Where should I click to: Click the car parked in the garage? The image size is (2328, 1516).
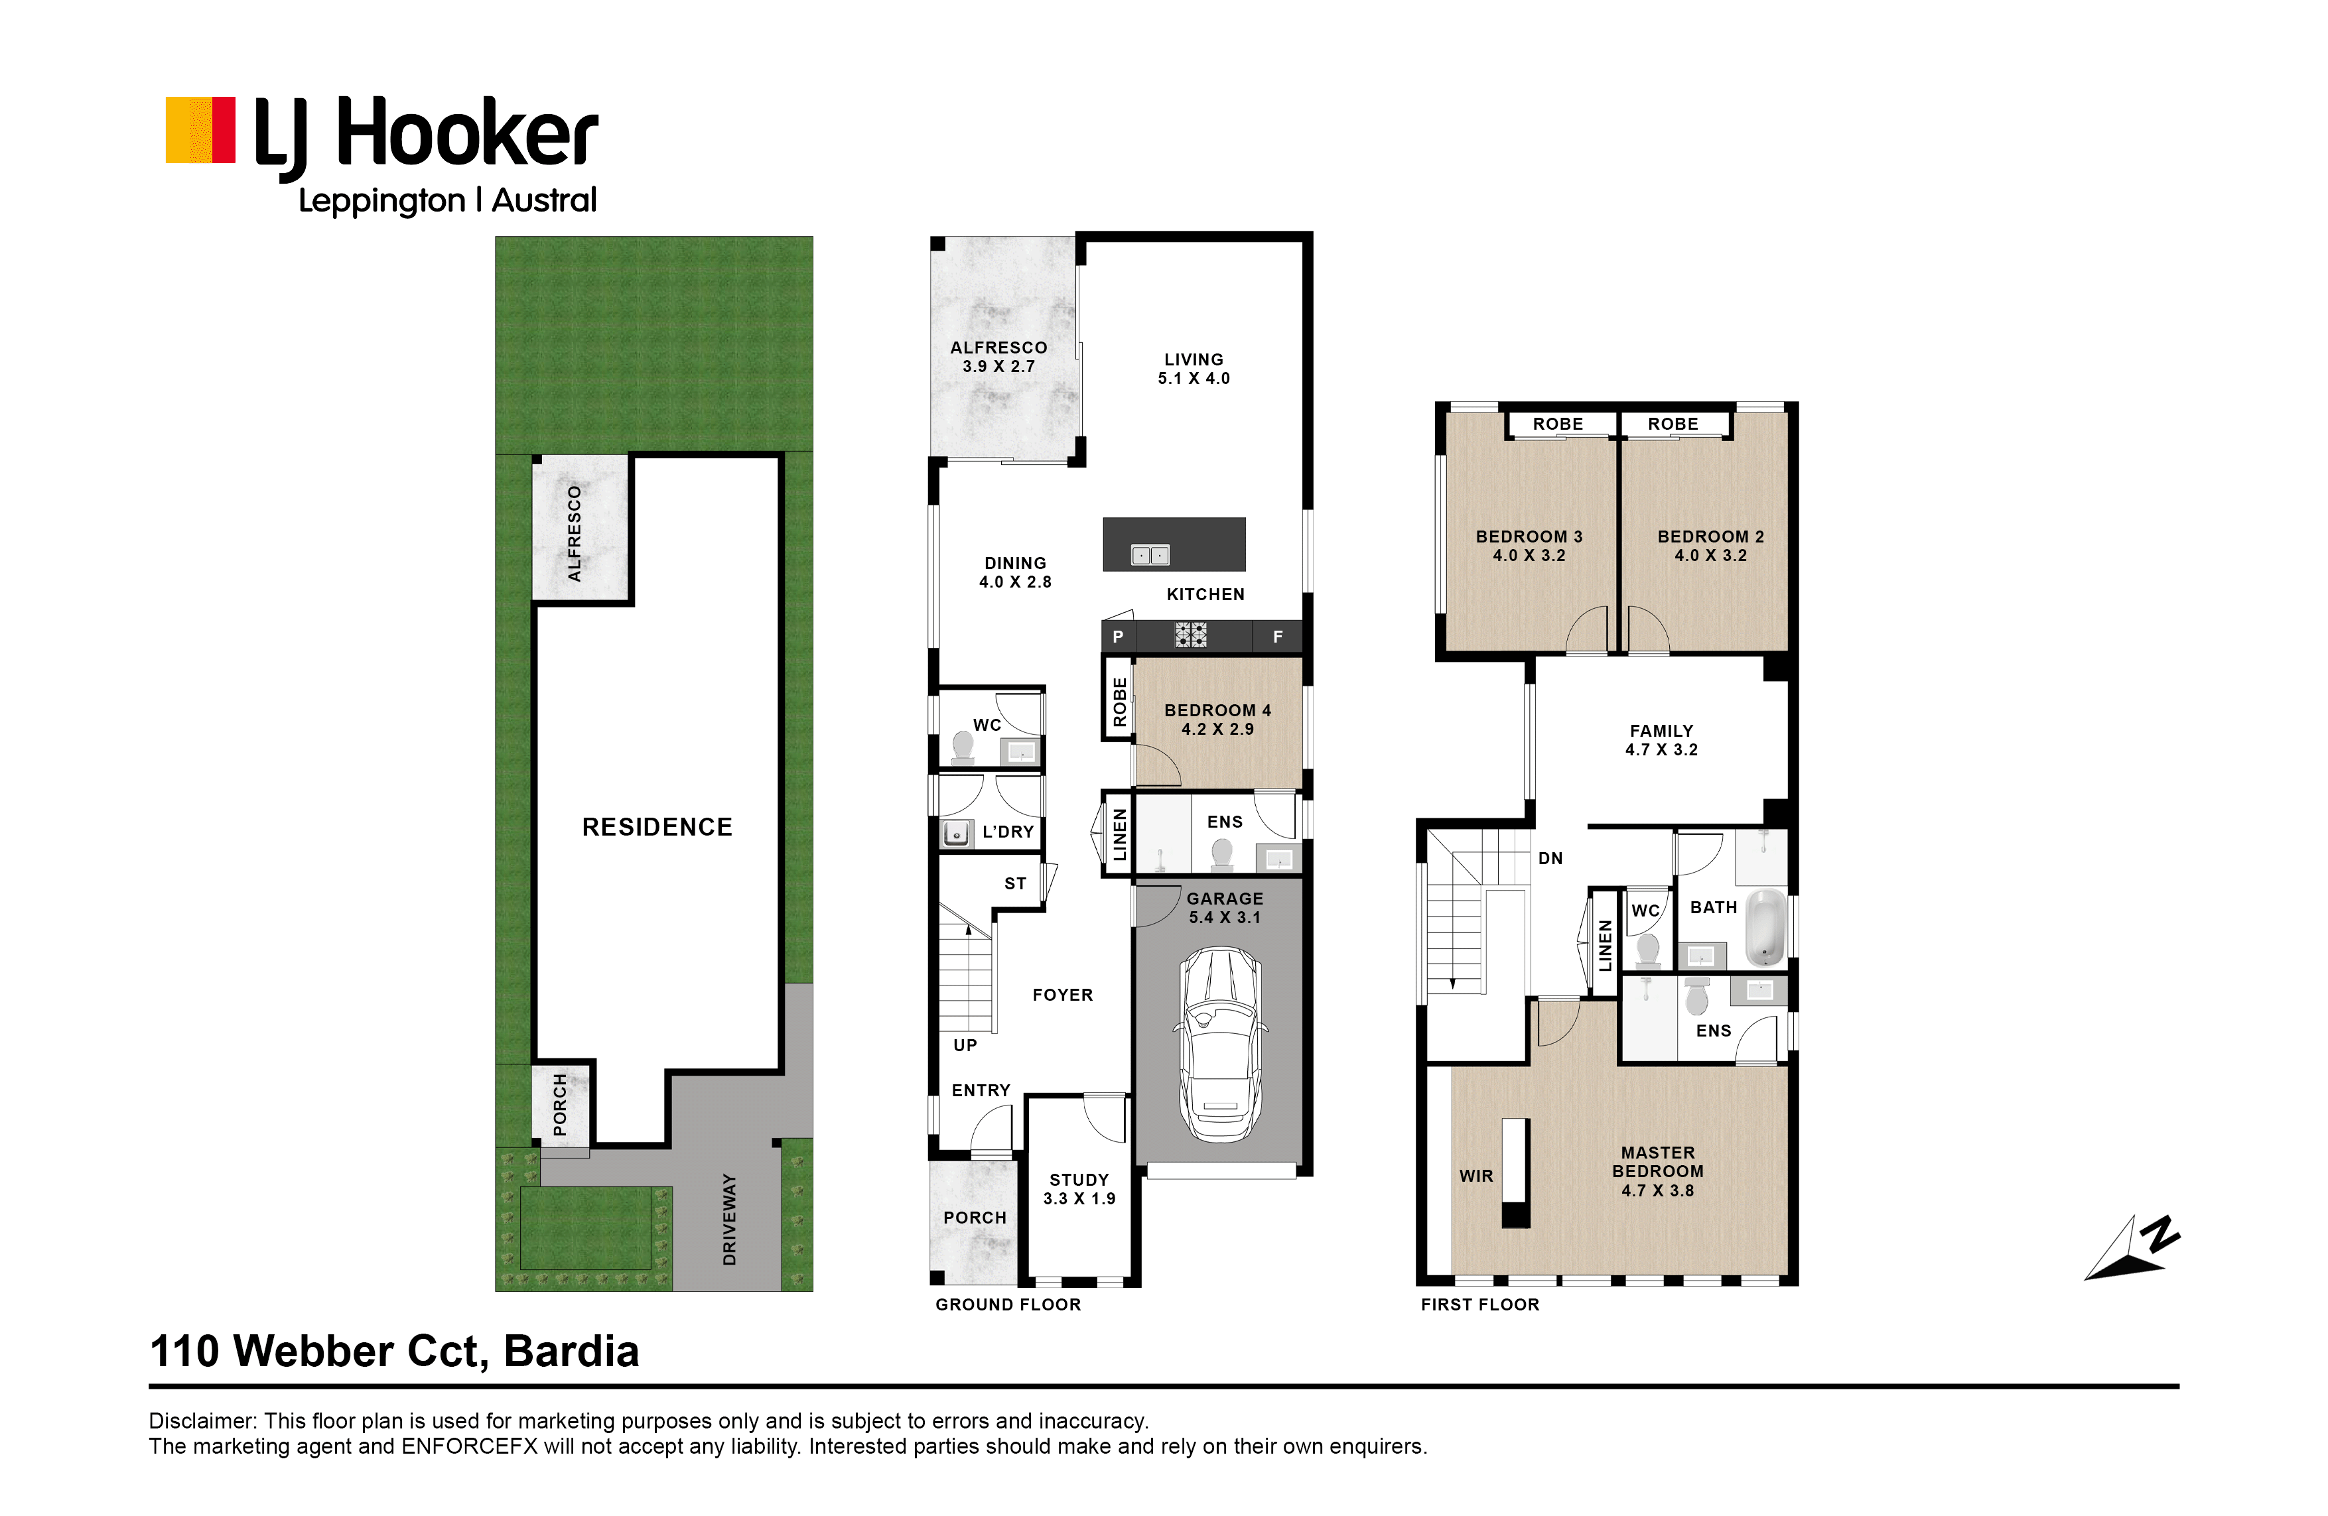[x=1221, y=1044]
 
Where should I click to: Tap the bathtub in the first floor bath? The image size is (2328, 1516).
[x=1767, y=925]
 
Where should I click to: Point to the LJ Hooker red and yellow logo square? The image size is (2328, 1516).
[x=200, y=129]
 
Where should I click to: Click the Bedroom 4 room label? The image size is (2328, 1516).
[x=1218, y=720]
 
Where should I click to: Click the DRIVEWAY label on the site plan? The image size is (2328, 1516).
[x=728, y=1220]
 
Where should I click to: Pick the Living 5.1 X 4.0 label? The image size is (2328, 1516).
[x=1194, y=369]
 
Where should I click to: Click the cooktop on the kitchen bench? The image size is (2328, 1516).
[x=1190, y=636]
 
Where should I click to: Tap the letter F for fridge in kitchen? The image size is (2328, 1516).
[x=1278, y=637]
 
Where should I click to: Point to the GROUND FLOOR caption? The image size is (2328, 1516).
[x=1008, y=1304]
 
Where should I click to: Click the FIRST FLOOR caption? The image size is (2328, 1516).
[x=1480, y=1304]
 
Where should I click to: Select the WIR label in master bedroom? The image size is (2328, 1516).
[x=1476, y=1176]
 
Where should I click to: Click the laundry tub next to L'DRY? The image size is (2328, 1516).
[x=955, y=834]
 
